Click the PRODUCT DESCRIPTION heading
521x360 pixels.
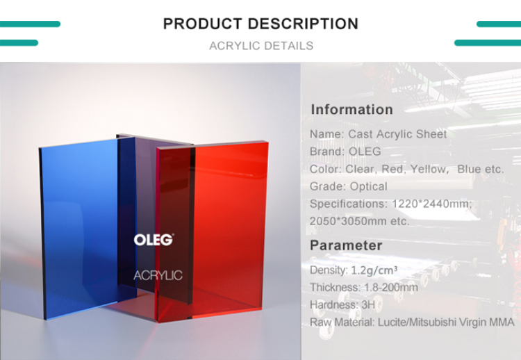pyautogui.click(x=260, y=24)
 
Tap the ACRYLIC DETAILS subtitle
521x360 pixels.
pyautogui.click(x=261, y=46)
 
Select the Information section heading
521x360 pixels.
pyautogui.click(x=352, y=109)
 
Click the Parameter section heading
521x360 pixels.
pyautogui.click(x=346, y=245)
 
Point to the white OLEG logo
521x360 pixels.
pyautogui.click(x=154, y=240)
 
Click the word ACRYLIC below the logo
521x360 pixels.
pyautogui.click(x=158, y=275)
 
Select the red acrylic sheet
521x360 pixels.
pyautogui.click(x=213, y=229)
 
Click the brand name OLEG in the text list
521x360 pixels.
pyautogui.click(x=365, y=152)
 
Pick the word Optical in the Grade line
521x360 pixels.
pyautogui.click(x=368, y=186)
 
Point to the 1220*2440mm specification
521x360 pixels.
pyautogui.click(x=431, y=204)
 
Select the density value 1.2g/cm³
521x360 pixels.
pyautogui.click(x=374, y=270)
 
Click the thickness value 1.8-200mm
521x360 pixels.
pyautogui.click(x=391, y=288)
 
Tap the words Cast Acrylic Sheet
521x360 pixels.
pyautogui.click(x=397, y=134)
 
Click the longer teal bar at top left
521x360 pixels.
pyautogui.click(x=31, y=24)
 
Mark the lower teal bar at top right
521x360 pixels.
pyautogui.click(x=488, y=43)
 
